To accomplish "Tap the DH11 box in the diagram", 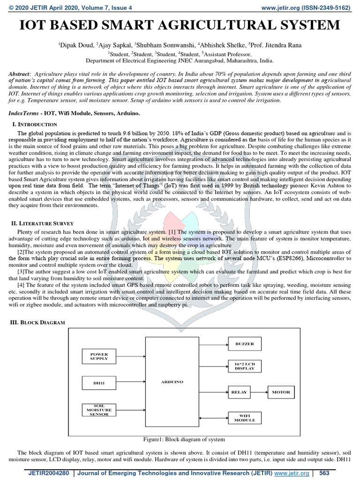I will click(x=99, y=383).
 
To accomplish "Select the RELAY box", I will click(x=239, y=392).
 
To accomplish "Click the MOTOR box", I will click(x=281, y=392).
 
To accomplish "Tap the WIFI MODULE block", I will click(x=245, y=418).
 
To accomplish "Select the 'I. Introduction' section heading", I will click(x=34, y=124).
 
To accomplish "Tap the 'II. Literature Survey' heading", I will click(x=43, y=223).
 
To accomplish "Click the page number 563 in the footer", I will click(x=325, y=473).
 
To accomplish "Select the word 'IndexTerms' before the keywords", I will click(x=24, y=114).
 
